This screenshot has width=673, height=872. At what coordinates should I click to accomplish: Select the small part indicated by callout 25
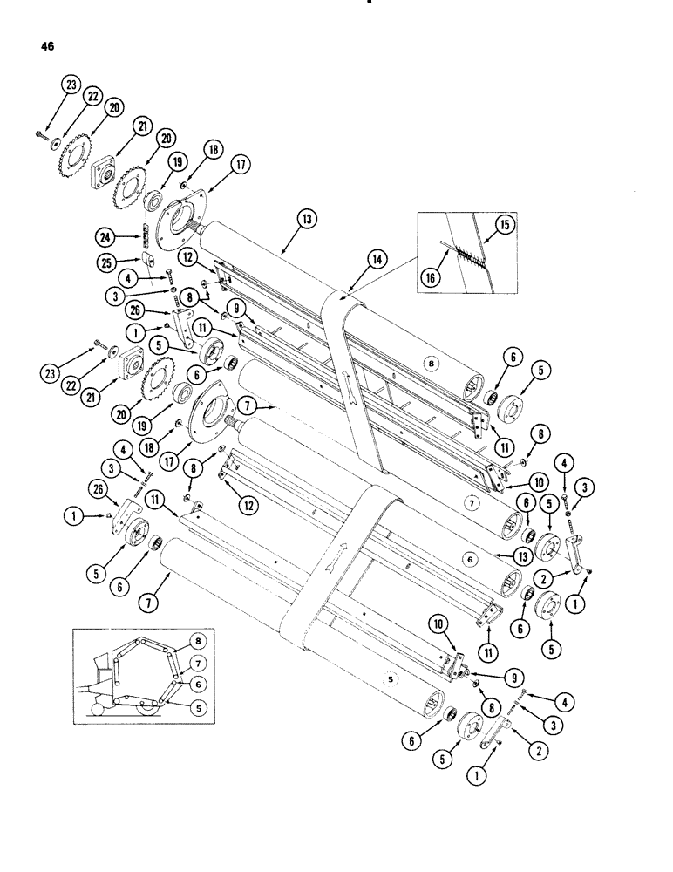click(x=147, y=259)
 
